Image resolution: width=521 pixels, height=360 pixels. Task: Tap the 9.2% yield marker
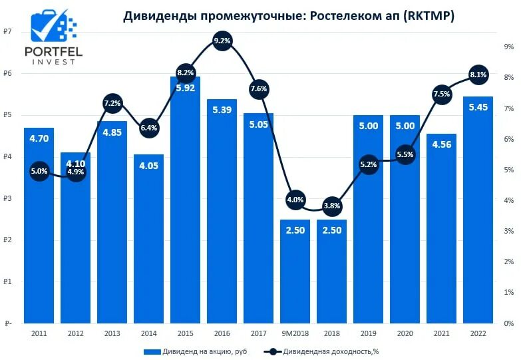[222, 41]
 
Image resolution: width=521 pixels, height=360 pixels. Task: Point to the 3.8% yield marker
[331, 206]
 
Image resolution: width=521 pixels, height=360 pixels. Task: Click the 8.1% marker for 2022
[478, 75]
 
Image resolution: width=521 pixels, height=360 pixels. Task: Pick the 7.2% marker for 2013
[112, 102]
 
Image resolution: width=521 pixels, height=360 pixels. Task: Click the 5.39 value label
[222, 110]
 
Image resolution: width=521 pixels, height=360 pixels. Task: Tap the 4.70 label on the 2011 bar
[39, 139]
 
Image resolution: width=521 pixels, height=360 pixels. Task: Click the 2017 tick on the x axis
[258, 332]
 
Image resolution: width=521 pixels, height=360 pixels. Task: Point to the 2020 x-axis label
[405, 332]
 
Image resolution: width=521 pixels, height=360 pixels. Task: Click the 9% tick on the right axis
[508, 47]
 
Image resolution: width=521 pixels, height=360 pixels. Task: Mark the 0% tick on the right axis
[508, 324]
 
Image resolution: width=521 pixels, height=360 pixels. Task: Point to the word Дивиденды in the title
[157, 17]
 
